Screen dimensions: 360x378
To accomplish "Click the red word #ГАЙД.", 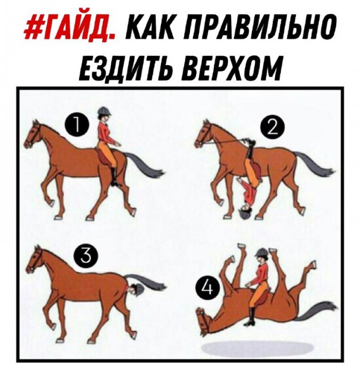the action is [x=69, y=26].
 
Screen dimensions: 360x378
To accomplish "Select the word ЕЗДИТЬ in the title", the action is [x=127, y=68].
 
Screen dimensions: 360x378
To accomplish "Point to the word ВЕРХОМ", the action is [x=232, y=68].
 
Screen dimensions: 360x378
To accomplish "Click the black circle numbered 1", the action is [x=77, y=125].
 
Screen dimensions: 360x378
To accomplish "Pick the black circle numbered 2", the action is [x=272, y=128].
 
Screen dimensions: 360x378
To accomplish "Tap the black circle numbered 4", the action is [x=208, y=288].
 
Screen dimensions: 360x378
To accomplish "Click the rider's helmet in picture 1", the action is [x=105, y=111].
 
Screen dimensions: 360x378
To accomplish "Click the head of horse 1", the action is [x=33, y=134].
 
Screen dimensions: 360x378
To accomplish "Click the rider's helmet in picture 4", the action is [x=261, y=252].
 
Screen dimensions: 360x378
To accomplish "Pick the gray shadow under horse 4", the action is [x=257, y=348].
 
